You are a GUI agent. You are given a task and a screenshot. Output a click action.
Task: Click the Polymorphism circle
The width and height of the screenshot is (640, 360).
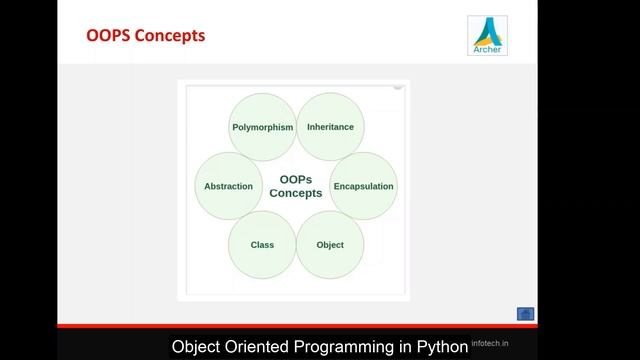pyautogui.click(x=262, y=127)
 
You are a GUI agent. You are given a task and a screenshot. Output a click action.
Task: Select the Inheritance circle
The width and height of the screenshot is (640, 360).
pyautogui.click(x=330, y=127)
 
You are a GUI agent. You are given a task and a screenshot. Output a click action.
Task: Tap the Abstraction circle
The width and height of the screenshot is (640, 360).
pyautogui.click(x=228, y=186)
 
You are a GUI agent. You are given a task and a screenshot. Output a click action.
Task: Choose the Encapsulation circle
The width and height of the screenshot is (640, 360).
pyautogui.click(x=363, y=186)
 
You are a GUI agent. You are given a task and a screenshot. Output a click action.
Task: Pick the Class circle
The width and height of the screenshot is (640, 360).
pyautogui.click(x=262, y=244)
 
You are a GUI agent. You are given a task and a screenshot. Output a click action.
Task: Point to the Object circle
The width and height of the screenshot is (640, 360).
pyautogui.click(x=330, y=244)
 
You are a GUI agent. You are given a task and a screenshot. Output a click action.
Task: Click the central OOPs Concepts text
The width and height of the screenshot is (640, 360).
pyautogui.click(x=296, y=186)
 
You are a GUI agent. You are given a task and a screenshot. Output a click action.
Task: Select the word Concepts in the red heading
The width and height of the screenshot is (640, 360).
pyautogui.click(x=172, y=36)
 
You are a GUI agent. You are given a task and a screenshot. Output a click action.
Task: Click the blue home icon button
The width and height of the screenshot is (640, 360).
pyautogui.click(x=525, y=314)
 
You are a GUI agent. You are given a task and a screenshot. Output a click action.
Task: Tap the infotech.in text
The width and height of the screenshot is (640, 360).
pyautogui.click(x=491, y=342)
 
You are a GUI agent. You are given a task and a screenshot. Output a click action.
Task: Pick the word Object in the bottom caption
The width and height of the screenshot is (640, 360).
pyautogui.click(x=196, y=347)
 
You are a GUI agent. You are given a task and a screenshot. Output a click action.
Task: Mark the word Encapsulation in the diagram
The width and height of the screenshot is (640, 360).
pyautogui.click(x=363, y=186)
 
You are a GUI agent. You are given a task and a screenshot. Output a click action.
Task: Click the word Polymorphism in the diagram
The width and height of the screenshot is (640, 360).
pyautogui.click(x=262, y=128)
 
